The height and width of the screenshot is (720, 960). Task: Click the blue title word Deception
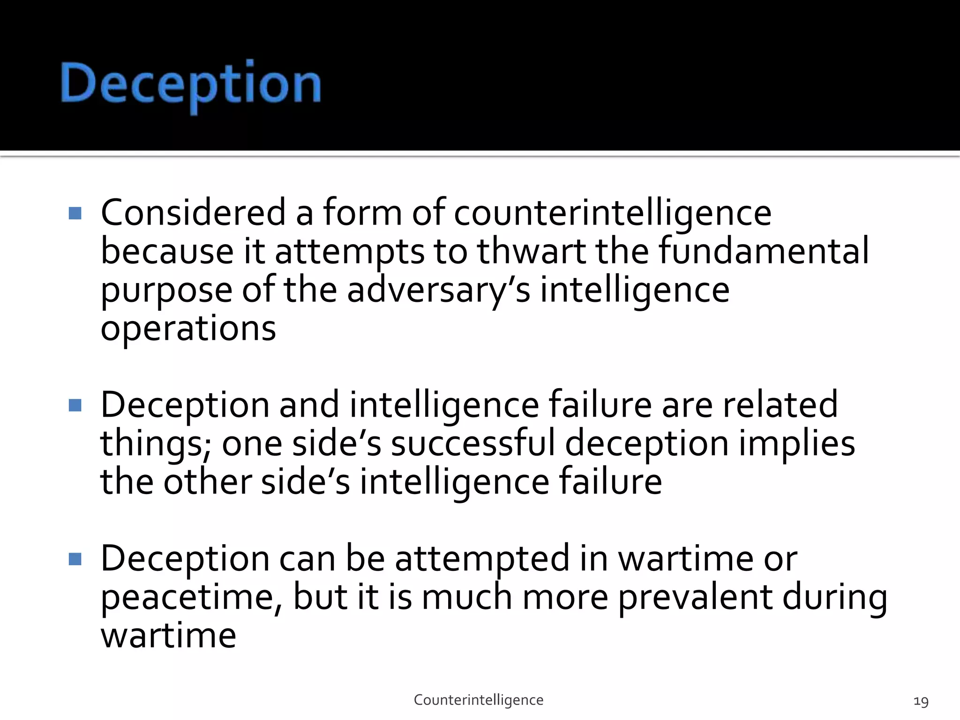(191, 84)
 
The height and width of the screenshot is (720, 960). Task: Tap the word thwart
(532, 252)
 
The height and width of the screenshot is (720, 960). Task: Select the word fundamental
(764, 252)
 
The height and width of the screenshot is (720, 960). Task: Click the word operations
(188, 329)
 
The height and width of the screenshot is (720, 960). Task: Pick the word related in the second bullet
(780, 405)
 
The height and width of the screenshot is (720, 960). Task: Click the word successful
(472, 443)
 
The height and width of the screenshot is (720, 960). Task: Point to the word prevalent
(695, 598)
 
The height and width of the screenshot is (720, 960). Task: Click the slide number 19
(921, 702)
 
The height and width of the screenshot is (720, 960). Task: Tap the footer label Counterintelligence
(479, 700)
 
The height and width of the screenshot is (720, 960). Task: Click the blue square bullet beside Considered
(75, 213)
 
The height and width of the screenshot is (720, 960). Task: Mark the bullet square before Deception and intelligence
(75, 405)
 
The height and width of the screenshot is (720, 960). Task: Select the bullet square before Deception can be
(75, 559)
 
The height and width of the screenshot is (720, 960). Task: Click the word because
(167, 252)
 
